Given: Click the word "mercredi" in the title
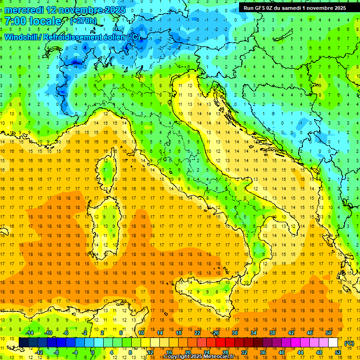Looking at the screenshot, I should point(24,10).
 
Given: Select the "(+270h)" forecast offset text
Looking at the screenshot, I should point(83,21).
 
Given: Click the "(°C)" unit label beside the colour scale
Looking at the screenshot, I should point(349,343).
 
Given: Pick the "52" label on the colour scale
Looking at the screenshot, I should point(338,352).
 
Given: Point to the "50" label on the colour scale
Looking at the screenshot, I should point(328,333).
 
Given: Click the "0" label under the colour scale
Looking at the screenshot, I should point(93,352).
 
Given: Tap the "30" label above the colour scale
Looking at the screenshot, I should point(234,333).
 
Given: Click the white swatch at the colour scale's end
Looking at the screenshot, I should point(333,343).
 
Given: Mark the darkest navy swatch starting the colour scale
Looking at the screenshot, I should point(24,343).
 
